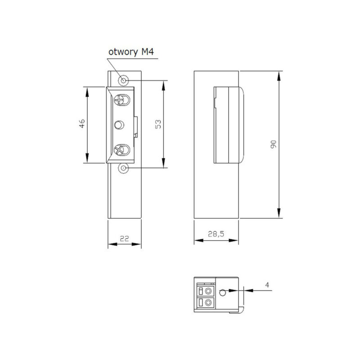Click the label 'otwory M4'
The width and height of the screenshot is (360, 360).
coord(131,52)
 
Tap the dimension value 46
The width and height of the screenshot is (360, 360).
coord(82,123)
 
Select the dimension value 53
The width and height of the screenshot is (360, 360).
coord(158,124)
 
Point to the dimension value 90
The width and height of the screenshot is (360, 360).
coord(274,144)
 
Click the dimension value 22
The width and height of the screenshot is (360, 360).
coord(125,238)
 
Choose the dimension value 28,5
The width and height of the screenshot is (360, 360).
coord(216,234)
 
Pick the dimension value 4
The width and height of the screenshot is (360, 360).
coord(267,285)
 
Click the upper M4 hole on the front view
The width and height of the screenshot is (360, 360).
coord(123,81)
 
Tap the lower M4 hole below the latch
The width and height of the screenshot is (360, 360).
coord(123,168)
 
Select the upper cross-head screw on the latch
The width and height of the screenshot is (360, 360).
coord(122,100)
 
